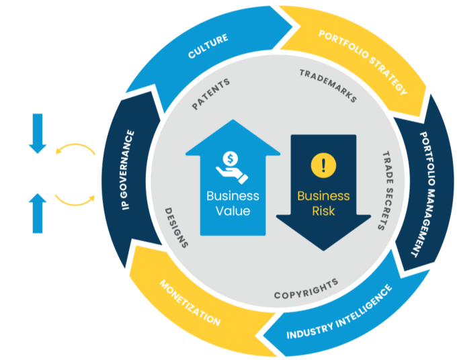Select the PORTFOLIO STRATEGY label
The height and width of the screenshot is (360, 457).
(x=362, y=63)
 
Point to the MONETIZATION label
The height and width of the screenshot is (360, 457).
(x=190, y=304)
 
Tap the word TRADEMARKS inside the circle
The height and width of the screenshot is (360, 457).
(x=327, y=86)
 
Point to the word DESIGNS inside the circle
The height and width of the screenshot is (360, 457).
(x=176, y=228)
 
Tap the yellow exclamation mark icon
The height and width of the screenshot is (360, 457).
(x=323, y=165)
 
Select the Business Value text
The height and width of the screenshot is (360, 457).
(x=233, y=204)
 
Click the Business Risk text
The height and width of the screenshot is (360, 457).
(x=323, y=204)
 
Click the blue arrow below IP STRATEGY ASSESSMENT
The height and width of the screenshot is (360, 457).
(x=38, y=133)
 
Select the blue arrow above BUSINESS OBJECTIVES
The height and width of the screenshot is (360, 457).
(x=38, y=210)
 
